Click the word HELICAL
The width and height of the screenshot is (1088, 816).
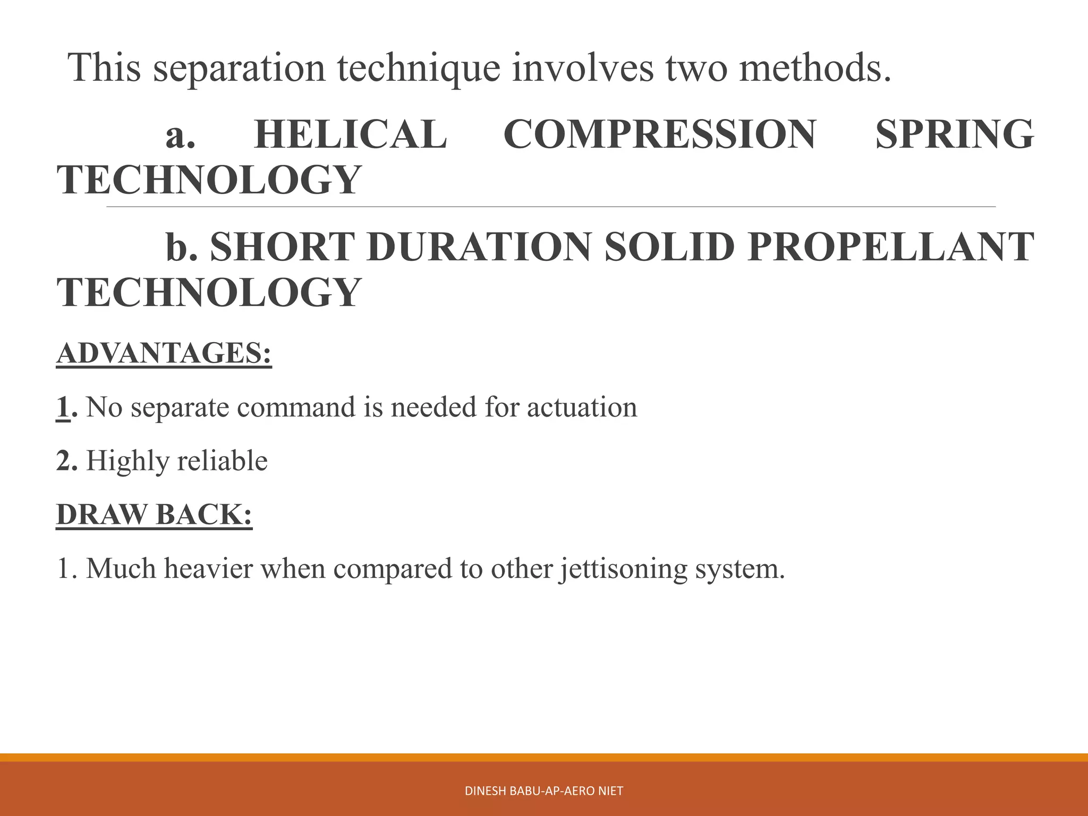coord(351,134)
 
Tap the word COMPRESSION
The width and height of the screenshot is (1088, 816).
coord(659,134)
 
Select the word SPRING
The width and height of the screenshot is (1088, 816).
coord(954,134)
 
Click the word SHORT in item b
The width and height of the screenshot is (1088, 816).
coord(282,247)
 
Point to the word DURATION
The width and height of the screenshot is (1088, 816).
coord(479,247)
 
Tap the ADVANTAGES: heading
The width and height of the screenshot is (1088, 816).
coord(164,353)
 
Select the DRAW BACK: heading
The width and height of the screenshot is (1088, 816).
coord(155,514)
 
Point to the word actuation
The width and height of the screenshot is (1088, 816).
coord(582,407)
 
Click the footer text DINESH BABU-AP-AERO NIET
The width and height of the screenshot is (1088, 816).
coord(543,791)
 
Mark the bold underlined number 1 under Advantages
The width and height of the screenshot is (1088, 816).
coord(63,407)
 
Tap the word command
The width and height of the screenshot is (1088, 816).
coord(298,407)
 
